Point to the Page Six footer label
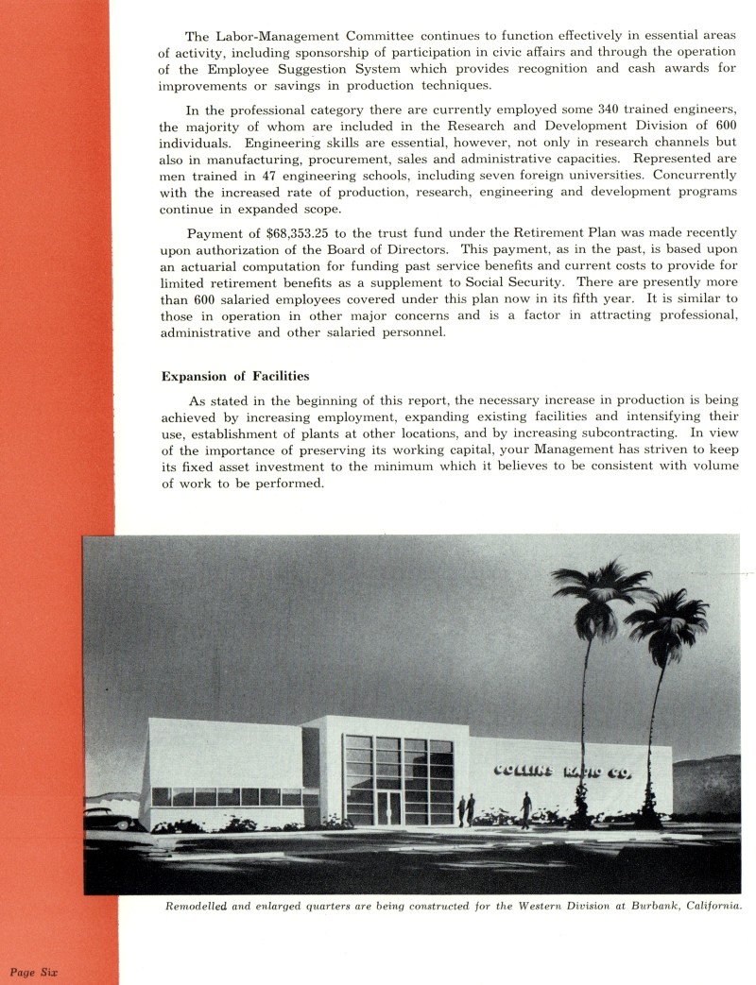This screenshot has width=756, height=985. (x=35, y=971)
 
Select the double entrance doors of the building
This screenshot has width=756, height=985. (x=388, y=808)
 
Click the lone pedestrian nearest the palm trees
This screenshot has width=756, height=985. (x=525, y=809)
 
